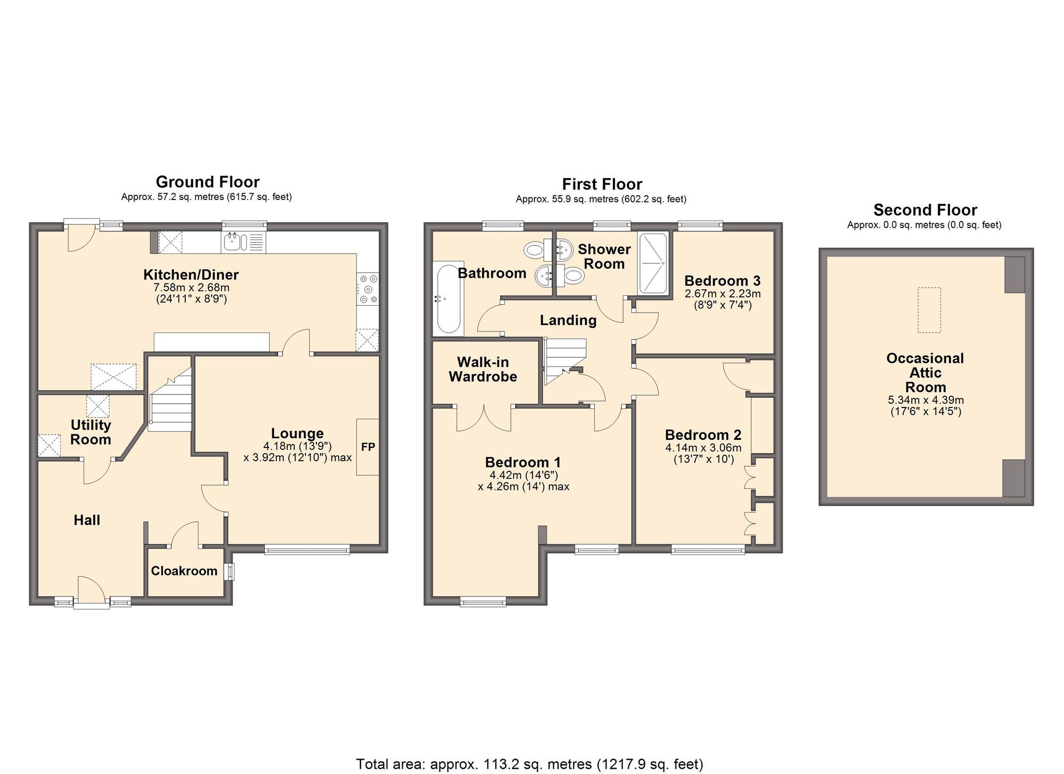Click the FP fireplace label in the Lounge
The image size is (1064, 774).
(368, 447)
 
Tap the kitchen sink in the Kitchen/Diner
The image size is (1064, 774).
(236, 242)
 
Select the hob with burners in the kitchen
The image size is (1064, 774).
(368, 289)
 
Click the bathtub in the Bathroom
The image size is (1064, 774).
(448, 298)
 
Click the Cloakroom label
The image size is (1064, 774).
(184, 571)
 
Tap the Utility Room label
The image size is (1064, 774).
(90, 432)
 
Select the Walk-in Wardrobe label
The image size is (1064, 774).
(483, 369)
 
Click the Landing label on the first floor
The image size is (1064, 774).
(568, 320)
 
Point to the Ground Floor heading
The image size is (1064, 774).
(207, 182)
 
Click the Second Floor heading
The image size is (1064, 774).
(925, 210)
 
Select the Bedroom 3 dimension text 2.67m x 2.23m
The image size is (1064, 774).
(722, 294)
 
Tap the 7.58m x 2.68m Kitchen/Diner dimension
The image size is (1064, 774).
(192, 288)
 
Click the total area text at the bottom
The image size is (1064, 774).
(529, 764)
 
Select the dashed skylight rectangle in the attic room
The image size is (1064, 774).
(929, 310)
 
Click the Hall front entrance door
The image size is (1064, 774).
(92, 592)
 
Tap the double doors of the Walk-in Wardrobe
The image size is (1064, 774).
(484, 418)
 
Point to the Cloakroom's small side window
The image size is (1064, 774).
(230, 572)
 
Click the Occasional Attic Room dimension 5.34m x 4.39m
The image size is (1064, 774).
(926, 400)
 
